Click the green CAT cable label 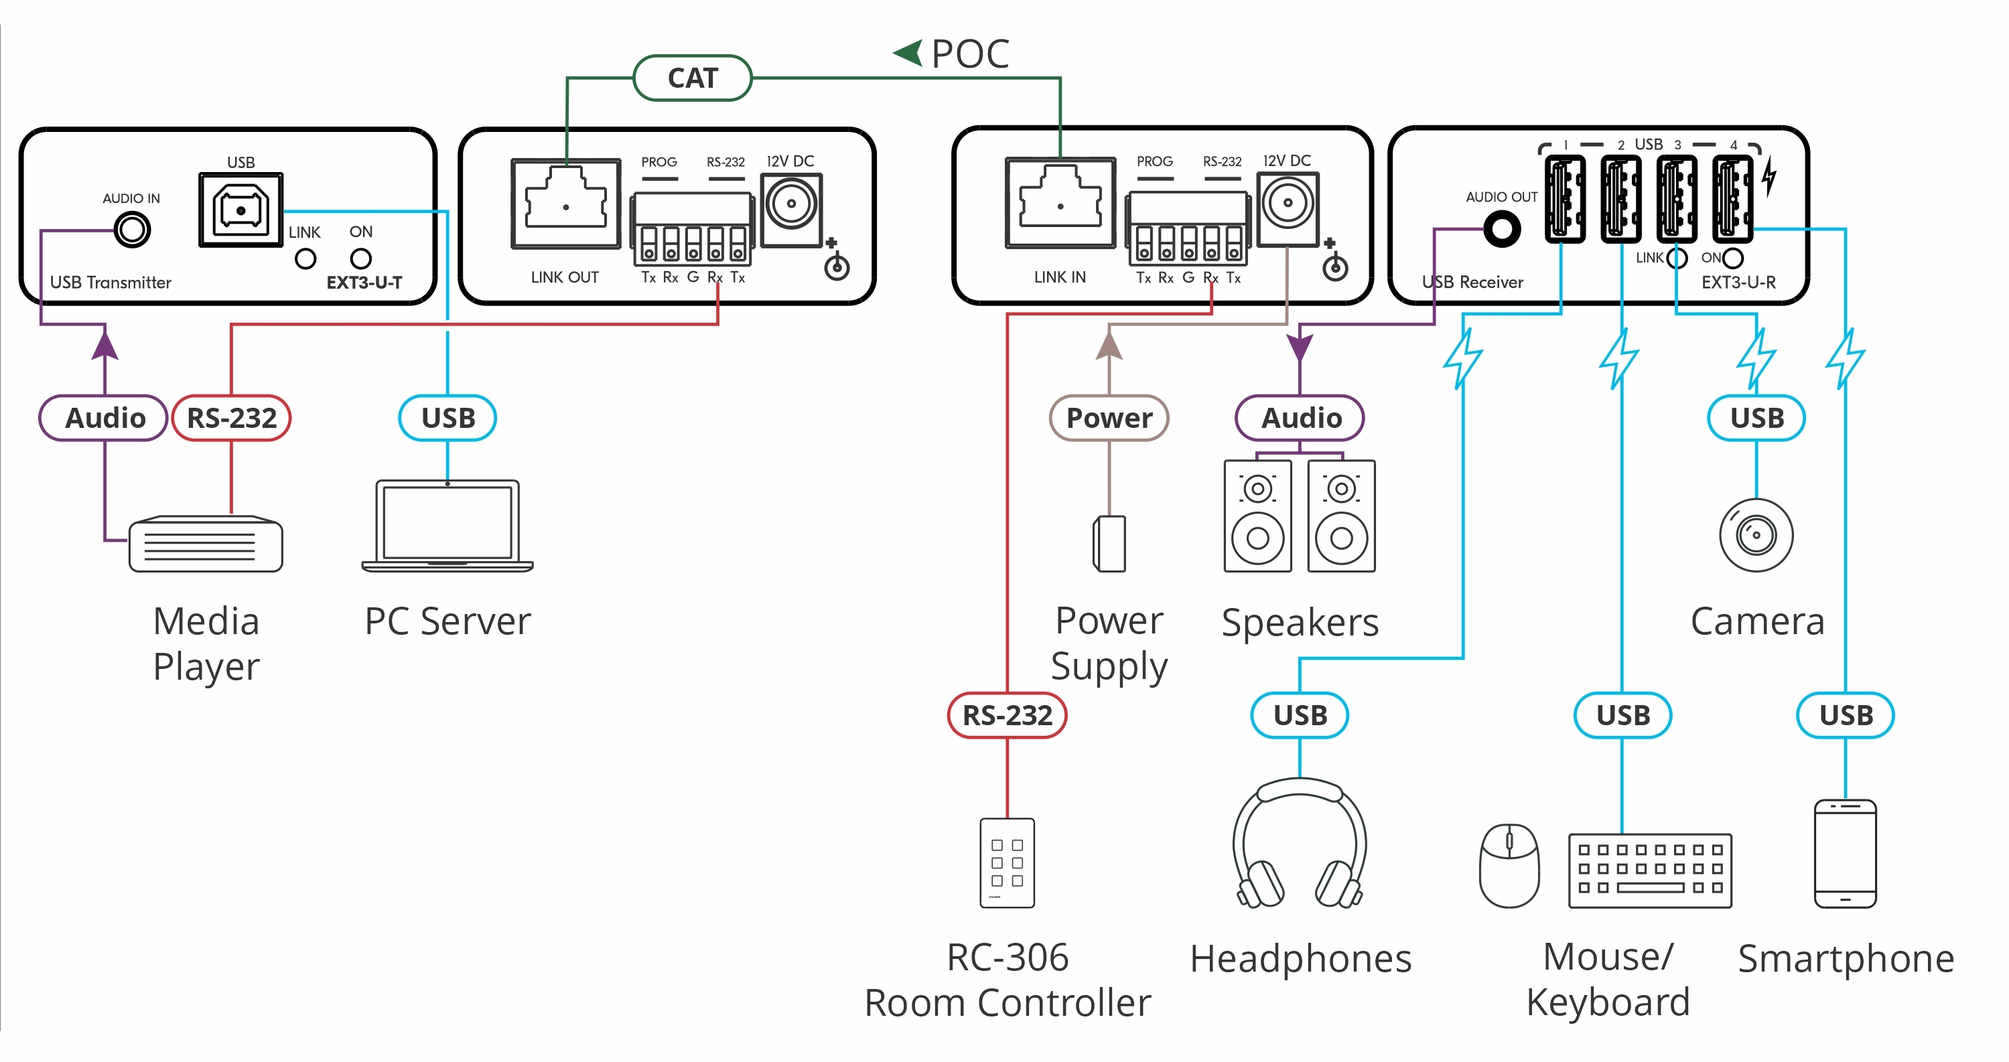693,78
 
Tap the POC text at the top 969,55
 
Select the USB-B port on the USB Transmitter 241,210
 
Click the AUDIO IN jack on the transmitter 132,230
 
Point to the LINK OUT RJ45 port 566,204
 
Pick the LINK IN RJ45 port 1060,204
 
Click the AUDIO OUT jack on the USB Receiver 1501,229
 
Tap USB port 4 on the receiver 1732,198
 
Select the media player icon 206,544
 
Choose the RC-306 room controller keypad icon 1007,862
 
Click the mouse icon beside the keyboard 1509,866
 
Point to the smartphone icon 1846,854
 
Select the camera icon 1756,535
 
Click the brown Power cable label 1109,418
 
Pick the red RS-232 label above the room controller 1007,715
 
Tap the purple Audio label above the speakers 1300,418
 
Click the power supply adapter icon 1109,544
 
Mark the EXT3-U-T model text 364,283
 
